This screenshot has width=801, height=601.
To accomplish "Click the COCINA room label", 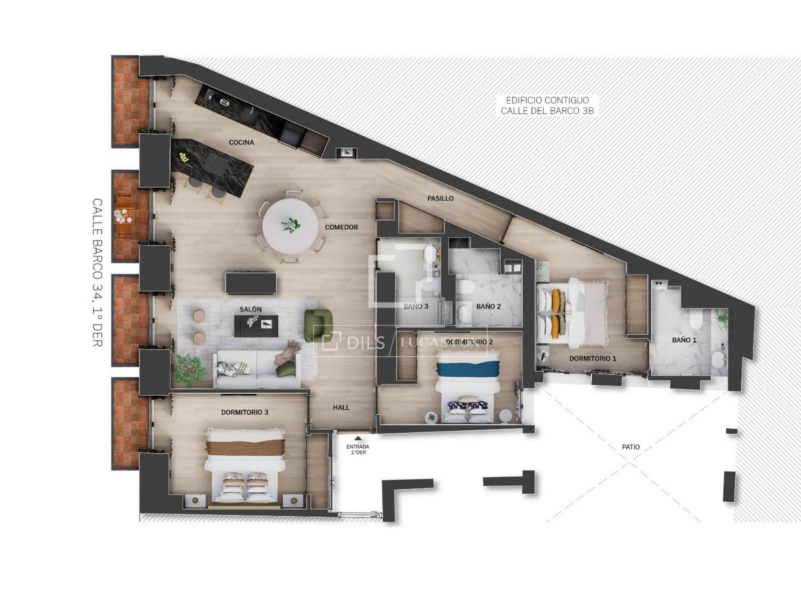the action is [241, 142].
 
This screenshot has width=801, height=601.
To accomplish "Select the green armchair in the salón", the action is [318, 323].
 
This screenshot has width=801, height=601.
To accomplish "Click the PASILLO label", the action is [441, 198].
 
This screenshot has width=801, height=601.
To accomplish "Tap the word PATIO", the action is [631, 447].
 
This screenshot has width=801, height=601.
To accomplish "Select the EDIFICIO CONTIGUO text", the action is [547, 100].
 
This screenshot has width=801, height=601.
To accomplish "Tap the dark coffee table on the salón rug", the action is [256, 326].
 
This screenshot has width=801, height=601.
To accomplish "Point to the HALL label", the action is [341, 408].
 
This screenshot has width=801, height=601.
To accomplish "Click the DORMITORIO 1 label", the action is [593, 358].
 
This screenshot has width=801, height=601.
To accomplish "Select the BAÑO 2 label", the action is [488, 307].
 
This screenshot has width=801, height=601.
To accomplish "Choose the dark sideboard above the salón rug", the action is [251, 282].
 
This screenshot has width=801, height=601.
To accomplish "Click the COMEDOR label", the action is [341, 227].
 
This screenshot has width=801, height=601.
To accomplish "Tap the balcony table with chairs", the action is [123, 216].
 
